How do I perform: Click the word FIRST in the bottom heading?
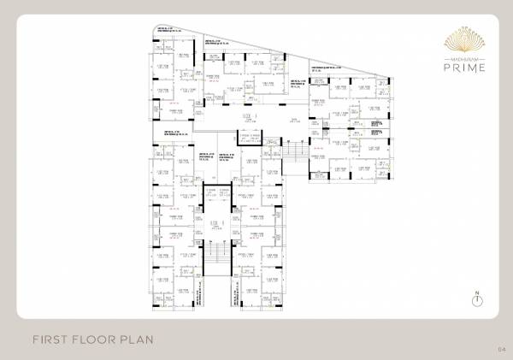(51, 339)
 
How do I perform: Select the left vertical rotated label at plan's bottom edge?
(197, 299)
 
